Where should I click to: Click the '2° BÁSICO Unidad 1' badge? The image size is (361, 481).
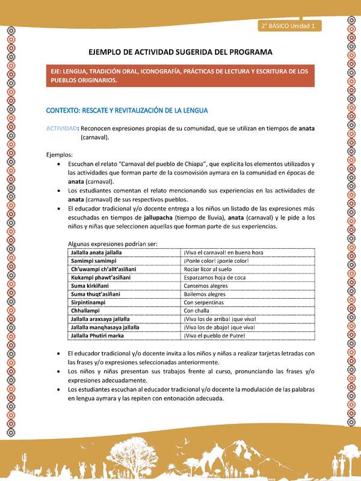pyautogui.click(x=291, y=26)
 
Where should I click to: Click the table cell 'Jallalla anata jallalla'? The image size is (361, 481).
pyautogui.click(x=96, y=253)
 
